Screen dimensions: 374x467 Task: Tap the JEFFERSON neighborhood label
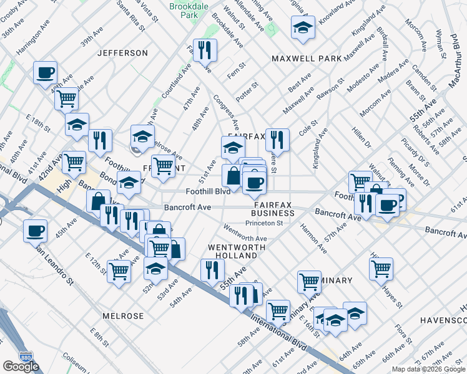(x=122, y=54)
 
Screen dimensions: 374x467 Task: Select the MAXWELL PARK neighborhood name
(x=306, y=59)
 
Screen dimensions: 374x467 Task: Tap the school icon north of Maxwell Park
(x=303, y=28)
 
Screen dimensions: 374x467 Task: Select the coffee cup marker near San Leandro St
(x=35, y=231)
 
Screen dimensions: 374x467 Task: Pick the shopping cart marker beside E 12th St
(x=118, y=271)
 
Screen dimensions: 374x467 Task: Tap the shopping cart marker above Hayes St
(x=381, y=269)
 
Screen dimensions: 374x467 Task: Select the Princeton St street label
(x=264, y=223)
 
